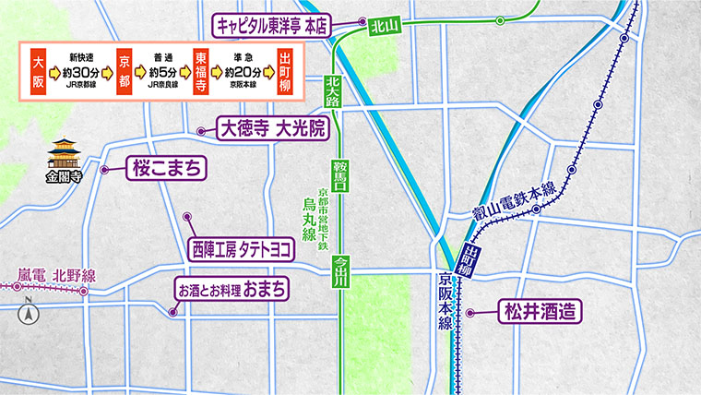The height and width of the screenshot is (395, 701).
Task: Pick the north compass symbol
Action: pyautogui.click(x=28, y=312)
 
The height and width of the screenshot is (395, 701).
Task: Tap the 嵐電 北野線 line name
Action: pyautogui.click(x=56, y=275)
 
